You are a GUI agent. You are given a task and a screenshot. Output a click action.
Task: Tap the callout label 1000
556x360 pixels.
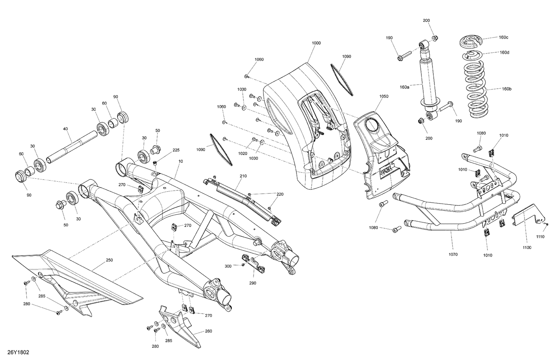(x=316, y=43)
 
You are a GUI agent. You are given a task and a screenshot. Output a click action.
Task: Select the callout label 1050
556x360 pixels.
(x=384, y=96)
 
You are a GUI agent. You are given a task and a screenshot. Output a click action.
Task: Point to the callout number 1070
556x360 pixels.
(x=453, y=254)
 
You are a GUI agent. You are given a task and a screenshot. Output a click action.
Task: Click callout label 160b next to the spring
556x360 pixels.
(x=506, y=89)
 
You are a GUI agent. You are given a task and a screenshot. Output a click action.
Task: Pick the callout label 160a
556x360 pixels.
(x=404, y=87)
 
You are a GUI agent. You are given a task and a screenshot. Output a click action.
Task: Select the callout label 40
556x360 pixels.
(x=65, y=129)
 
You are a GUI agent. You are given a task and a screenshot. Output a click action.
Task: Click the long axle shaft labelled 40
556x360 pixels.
(x=70, y=148)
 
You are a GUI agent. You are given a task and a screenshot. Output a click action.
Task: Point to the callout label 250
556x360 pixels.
(x=109, y=260)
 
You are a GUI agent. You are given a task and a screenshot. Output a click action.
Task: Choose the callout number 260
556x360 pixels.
(x=208, y=331)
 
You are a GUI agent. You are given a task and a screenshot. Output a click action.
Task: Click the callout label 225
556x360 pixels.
(x=176, y=150)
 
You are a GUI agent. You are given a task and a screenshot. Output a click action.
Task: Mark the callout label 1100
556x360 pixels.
(x=527, y=247)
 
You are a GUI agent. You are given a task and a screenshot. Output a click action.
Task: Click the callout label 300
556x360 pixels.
(x=228, y=266)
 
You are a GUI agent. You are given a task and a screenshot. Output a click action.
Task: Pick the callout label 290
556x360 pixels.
(x=253, y=283)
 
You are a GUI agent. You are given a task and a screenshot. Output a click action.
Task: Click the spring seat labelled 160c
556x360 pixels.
(x=471, y=42)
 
